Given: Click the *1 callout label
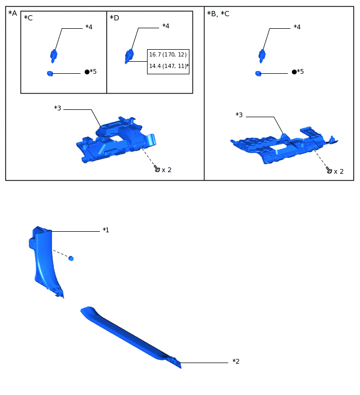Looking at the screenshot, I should point(106,230).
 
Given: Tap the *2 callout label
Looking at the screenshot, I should point(236,362).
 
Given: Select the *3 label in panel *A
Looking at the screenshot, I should point(58,108).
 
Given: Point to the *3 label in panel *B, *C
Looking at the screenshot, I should point(239,115).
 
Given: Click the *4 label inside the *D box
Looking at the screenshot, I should point(166,26).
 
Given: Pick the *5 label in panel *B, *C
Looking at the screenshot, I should point(300,72).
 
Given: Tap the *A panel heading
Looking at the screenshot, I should point(13,13).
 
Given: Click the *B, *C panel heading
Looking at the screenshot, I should point(218,14).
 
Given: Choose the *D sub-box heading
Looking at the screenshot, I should point(115,18).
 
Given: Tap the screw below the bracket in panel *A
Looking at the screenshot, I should point(156,168).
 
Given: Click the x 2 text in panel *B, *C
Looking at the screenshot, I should point(339,172).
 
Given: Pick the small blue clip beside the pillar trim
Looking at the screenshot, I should point(71,258).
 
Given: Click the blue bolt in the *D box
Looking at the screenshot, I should point(129,55).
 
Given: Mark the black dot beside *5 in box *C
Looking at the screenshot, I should point(87,72).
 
